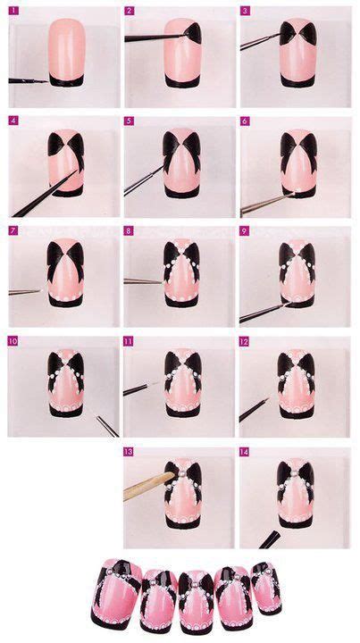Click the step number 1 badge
click(13, 11)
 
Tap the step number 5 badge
click(129, 121)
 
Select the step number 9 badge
click(245, 231)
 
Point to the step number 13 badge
click(129, 452)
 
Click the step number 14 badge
click(245, 452)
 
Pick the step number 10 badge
click(13, 341)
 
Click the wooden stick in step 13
click(148, 486)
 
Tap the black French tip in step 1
click(66, 80)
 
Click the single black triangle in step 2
click(192, 33)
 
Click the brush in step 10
click(107, 426)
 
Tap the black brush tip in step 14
click(270, 539)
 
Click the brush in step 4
click(45, 193)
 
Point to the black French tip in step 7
click(65, 301)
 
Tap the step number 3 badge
click(245, 11)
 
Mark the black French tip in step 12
click(297, 412)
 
